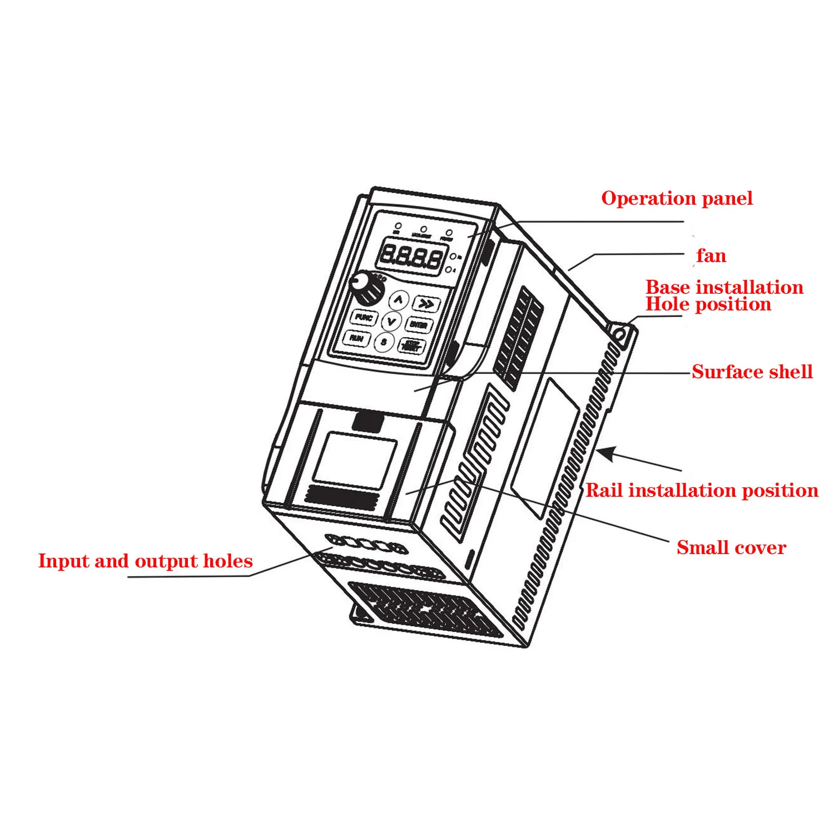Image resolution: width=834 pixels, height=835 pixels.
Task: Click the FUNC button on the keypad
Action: click(364, 317)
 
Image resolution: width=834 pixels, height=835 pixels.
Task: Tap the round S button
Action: click(384, 342)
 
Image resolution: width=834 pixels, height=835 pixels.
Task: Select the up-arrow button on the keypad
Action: click(398, 300)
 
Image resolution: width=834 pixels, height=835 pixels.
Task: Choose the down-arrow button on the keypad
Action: click(391, 321)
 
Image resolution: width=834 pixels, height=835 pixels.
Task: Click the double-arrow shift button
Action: click(426, 304)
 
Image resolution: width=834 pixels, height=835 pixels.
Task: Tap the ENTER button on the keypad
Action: click(418, 324)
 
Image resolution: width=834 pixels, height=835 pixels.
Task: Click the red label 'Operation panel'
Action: click(677, 199)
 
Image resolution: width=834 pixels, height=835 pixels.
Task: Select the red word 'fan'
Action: click(711, 256)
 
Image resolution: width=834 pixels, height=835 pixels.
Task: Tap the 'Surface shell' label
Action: click(752, 372)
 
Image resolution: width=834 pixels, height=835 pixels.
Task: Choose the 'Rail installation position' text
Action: click(702, 491)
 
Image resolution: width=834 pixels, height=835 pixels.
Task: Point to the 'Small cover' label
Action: click(731, 548)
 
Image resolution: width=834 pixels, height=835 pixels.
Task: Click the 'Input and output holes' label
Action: click(145, 561)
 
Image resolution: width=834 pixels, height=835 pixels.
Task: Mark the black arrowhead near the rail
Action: click(606, 453)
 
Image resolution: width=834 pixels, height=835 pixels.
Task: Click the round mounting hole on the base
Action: click(619, 335)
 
